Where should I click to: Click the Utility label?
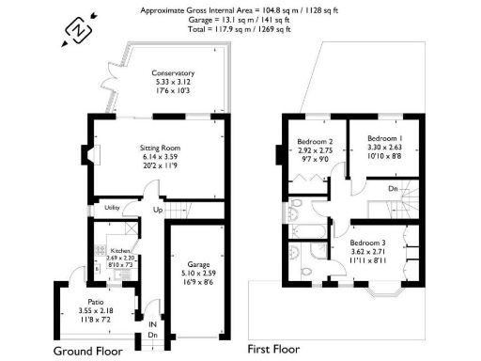[111, 207]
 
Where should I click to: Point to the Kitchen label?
[121, 251]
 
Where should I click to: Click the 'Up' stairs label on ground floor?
[157, 210]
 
